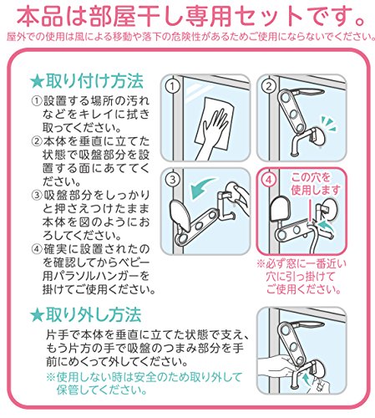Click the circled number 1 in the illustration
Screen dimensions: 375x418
click(x=173, y=86)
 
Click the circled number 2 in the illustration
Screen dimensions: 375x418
click(x=268, y=86)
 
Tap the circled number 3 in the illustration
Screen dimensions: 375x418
click(x=173, y=180)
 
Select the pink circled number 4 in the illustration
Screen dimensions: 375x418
click(x=268, y=180)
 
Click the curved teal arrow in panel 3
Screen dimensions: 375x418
click(x=201, y=188)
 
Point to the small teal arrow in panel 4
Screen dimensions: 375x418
click(x=327, y=225)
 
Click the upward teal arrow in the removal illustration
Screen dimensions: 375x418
click(x=307, y=380)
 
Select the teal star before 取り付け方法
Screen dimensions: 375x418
click(x=37, y=82)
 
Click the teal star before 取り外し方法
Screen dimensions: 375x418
click(x=37, y=315)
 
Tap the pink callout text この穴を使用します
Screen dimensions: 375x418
click(x=316, y=184)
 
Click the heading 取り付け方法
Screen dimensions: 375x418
click(x=94, y=81)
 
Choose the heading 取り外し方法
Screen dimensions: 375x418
click(x=94, y=314)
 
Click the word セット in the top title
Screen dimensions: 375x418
click(x=266, y=17)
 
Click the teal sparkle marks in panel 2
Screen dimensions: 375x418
click(x=328, y=123)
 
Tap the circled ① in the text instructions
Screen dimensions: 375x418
click(x=37, y=101)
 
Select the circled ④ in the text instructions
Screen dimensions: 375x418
click(x=37, y=248)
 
